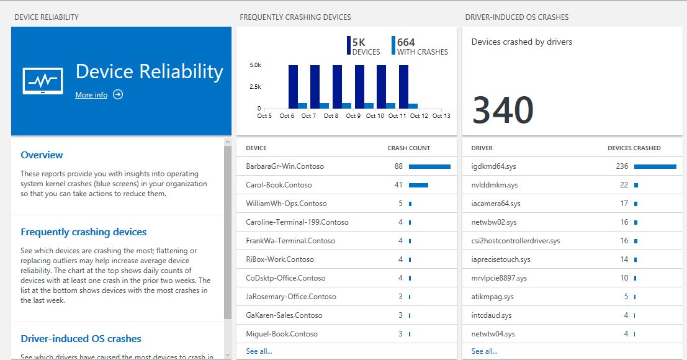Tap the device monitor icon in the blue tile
(x=43, y=81)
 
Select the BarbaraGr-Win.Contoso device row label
(x=285, y=166)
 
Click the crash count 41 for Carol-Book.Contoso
(x=398, y=185)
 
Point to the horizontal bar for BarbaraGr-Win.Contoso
(x=429, y=166)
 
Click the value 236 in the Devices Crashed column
(x=622, y=166)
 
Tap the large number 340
(x=503, y=110)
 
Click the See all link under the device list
(x=259, y=351)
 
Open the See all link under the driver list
(x=484, y=351)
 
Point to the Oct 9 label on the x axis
(x=353, y=116)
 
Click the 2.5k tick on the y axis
(x=255, y=86)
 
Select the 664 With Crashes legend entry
(x=420, y=47)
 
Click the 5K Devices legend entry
(x=364, y=47)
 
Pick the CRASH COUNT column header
(x=408, y=148)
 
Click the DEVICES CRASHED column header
(x=634, y=148)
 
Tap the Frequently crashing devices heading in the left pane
(x=84, y=232)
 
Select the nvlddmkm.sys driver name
(x=495, y=185)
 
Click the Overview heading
(x=42, y=155)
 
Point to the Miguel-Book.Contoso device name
(x=282, y=334)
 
